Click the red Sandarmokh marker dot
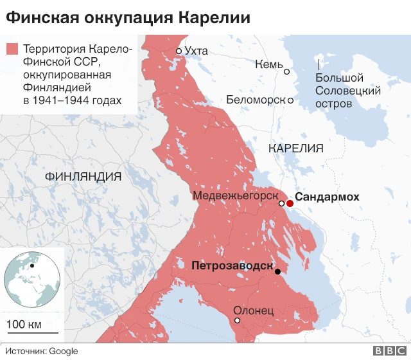(290, 203)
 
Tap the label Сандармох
(327, 197)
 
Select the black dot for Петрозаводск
(277, 271)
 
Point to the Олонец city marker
(237, 320)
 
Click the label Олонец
(253, 310)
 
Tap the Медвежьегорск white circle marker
(281, 203)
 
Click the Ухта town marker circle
(179, 51)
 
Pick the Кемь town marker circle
(287, 71)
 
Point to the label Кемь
(268, 64)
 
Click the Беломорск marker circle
(290, 100)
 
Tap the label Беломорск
(256, 100)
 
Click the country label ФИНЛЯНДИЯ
(83, 176)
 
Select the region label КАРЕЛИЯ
(295, 148)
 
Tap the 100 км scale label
(24, 324)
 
